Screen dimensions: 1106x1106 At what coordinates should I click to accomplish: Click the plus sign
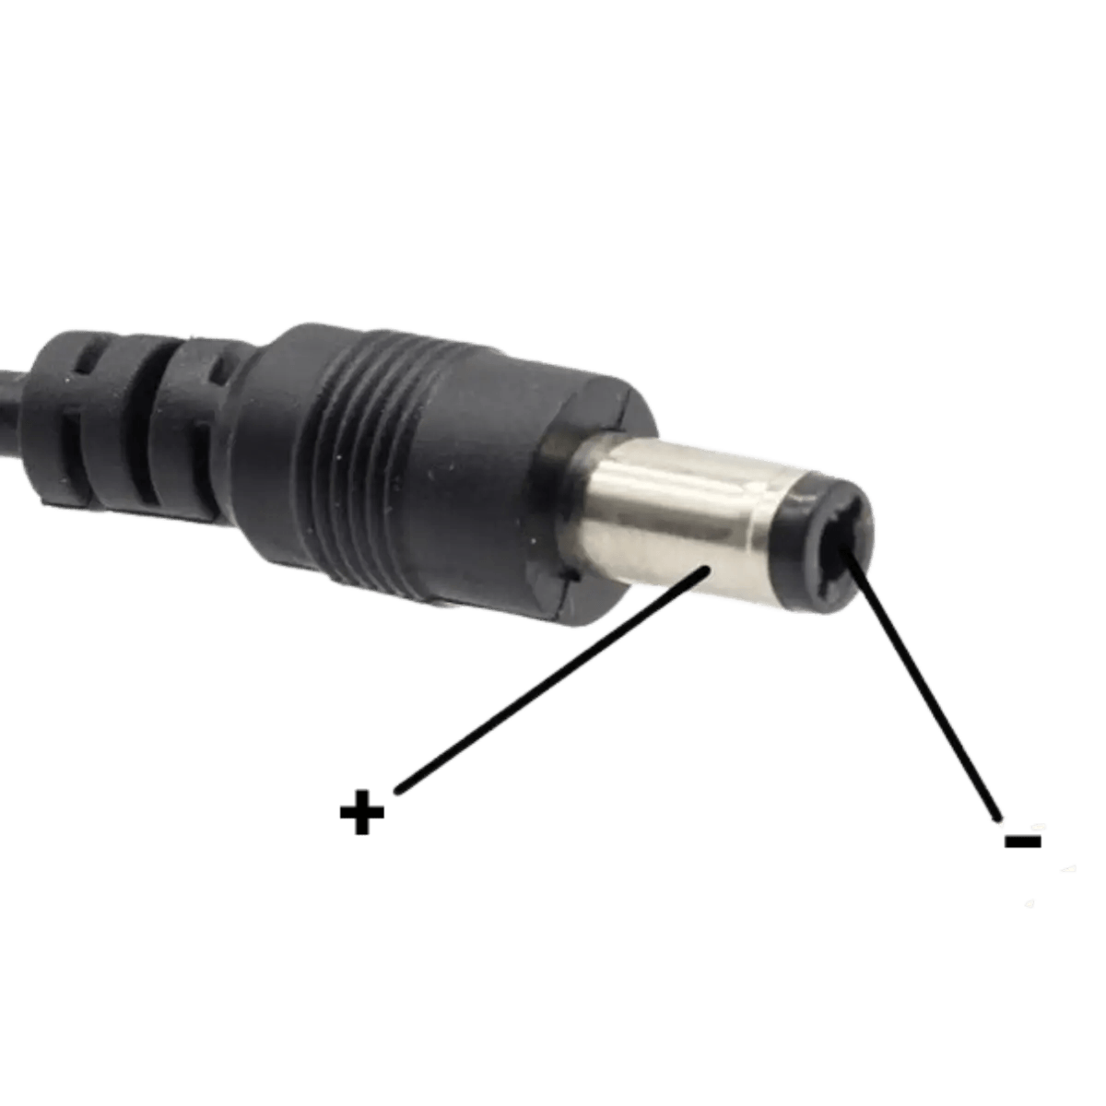(x=361, y=812)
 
